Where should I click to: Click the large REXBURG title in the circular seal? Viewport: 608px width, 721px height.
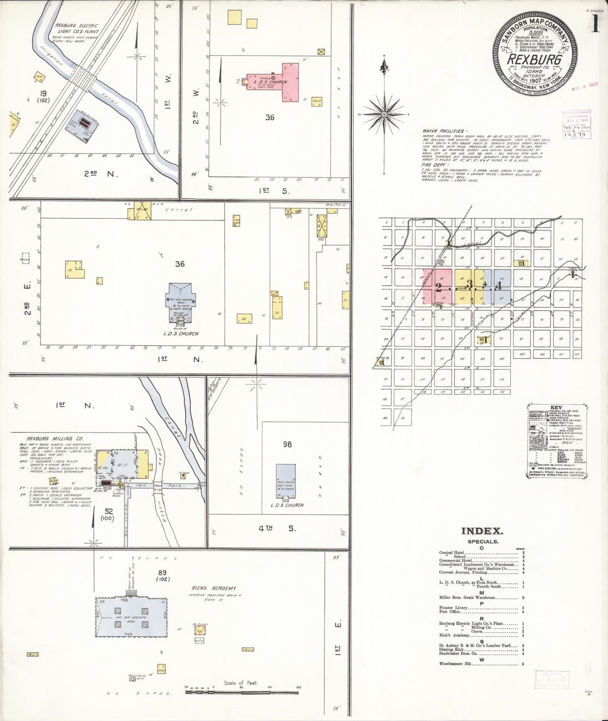click(534, 59)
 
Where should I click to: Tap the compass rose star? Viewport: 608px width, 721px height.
click(384, 114)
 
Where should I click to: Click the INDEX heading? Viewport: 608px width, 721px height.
click(482, 531)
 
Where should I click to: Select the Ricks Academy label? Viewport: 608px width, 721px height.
click(214, 588)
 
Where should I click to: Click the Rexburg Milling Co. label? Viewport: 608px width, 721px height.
click(49, 438)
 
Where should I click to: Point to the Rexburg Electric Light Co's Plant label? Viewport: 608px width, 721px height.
click(77, 29)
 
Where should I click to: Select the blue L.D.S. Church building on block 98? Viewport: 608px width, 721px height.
click(286, 482)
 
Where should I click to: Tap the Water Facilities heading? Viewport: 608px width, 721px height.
click(443, 131)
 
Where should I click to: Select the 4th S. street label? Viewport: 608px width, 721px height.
click(277, 528)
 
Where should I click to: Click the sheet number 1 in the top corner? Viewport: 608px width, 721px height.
click(595, 24)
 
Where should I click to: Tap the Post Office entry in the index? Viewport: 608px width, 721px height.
click(449, 612)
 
